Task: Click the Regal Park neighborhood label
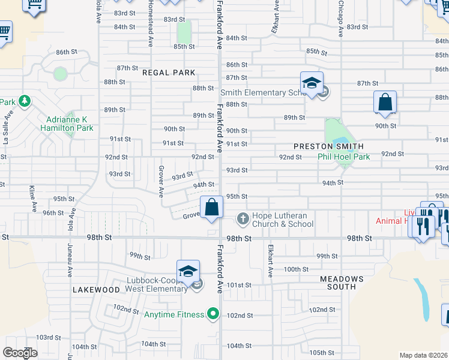coord(169,73)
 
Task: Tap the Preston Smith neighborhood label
coord(328,146)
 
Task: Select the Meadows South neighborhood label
coord(342,283)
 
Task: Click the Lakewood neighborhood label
coord(97,290)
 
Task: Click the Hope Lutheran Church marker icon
coord(243,218)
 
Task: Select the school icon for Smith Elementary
coord(312,83)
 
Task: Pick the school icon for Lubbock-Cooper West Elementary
coord(188,272)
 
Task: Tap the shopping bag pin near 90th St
coord(385,103)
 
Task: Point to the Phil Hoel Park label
coord(343,157)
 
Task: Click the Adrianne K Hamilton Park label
coord(67,124)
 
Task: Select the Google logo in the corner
coord(20,353)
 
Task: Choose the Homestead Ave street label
coord(150,24)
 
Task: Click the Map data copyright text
coord(423,355)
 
